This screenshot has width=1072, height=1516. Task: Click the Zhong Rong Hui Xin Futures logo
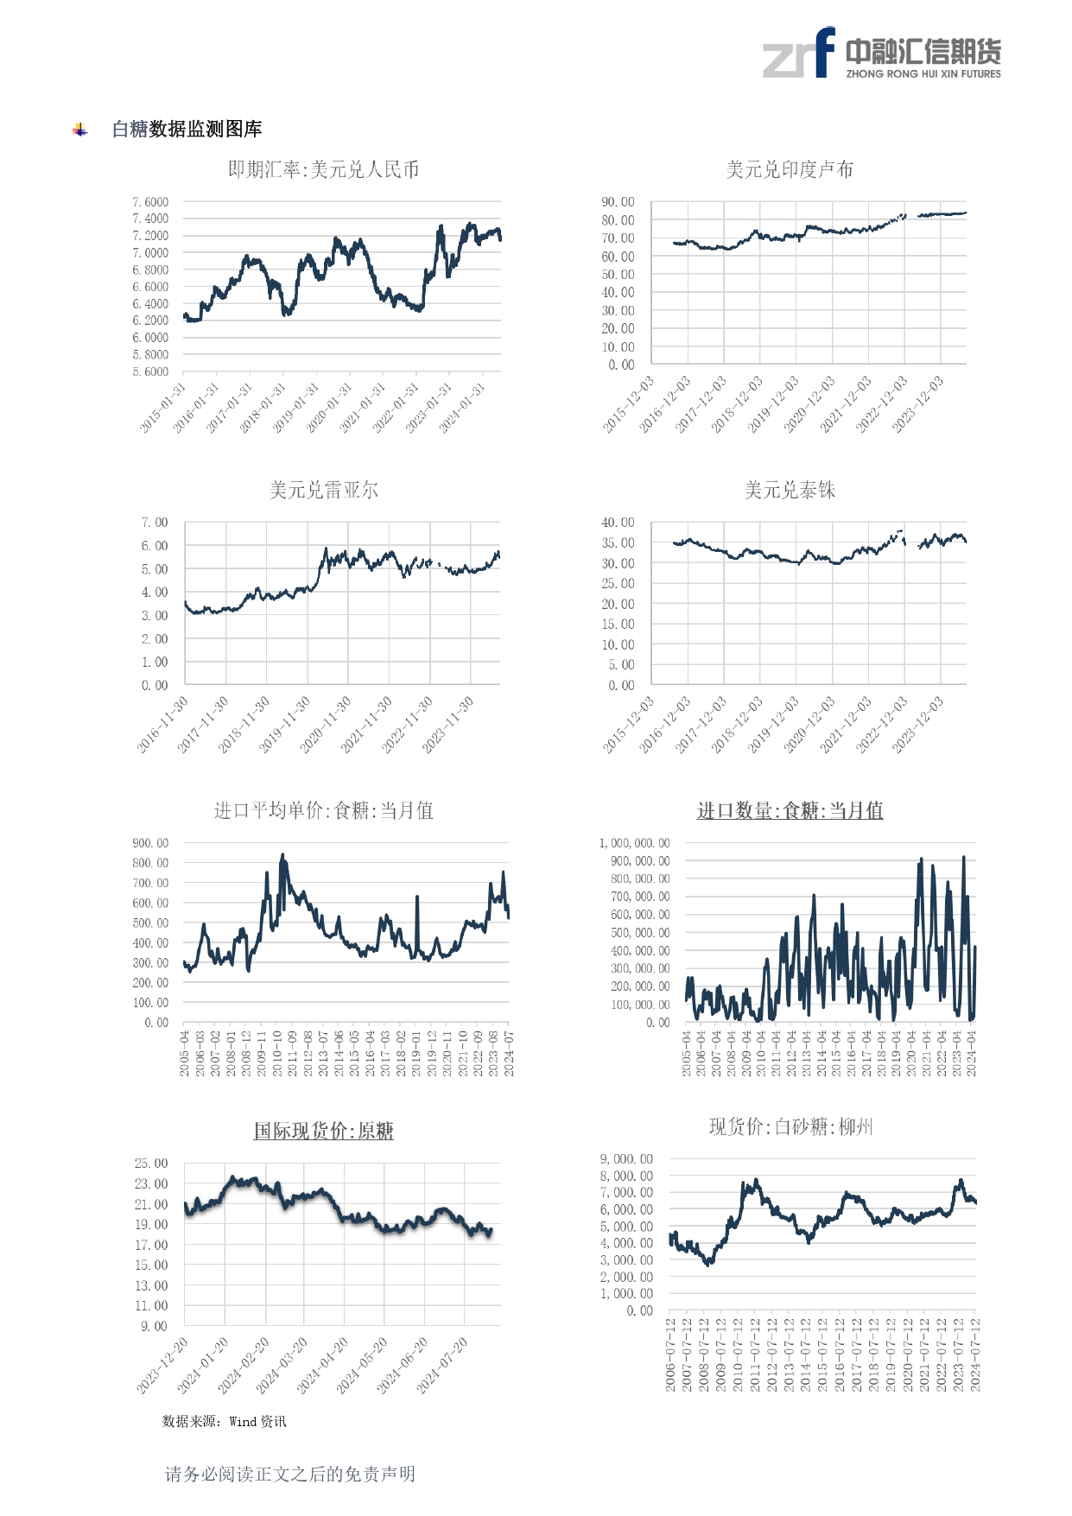tap(881, 54)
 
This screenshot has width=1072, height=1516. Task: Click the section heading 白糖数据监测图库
tap(187, 129)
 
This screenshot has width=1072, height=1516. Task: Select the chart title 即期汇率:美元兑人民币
tap(323, 169)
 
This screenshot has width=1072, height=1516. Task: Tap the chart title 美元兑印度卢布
tap(790, 169)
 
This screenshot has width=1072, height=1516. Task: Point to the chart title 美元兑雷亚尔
tap(323, 490)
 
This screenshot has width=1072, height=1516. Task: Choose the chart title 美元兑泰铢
tap(790, 490)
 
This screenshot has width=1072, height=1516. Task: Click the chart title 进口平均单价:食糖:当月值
tap(323, 810)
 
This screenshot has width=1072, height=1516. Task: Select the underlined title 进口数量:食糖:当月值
tap(790, 810)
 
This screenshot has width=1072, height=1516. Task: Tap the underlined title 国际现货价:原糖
tap(323, 1131)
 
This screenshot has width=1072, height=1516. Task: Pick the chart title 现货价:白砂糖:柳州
tap(790, 1126)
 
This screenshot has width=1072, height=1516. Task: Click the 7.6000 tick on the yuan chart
tap(150, 202)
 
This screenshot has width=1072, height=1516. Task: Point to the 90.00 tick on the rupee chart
tap(618, 202)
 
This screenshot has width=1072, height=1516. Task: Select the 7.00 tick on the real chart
tap(155, 523)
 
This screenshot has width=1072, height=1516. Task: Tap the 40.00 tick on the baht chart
tap(618, 523)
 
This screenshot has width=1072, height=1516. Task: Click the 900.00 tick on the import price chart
tap(150, 843)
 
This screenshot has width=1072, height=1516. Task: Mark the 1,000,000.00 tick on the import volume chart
tap(634, 843)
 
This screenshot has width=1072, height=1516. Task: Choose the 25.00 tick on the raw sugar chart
tap(150, 1164)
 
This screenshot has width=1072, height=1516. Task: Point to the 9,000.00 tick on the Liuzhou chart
tap(626, 1159)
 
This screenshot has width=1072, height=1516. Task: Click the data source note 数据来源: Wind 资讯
tap(224, 1421)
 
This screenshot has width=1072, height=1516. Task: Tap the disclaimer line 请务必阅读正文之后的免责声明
tap(290, 1474)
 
